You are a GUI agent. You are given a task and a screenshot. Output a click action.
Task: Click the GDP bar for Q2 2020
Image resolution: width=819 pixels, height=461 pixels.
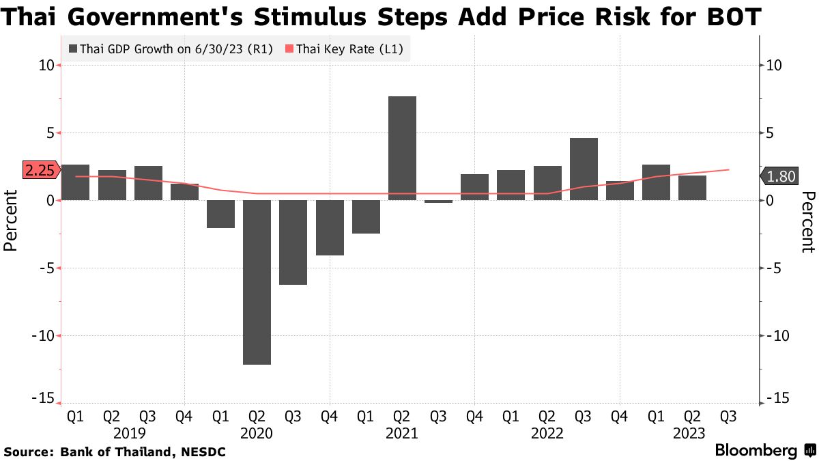click(x=257, y=282)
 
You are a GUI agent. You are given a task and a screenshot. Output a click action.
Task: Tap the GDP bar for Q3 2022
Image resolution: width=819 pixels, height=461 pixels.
click(x=584, y=169)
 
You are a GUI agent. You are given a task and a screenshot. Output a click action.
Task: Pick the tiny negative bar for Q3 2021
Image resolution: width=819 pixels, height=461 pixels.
click(x=438, y=201)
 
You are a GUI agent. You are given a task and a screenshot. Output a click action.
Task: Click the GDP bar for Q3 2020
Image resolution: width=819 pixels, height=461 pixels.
click(x=293, y=242)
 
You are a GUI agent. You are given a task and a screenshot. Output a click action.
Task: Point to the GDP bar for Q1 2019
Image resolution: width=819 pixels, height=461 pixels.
click(x=75, y=182)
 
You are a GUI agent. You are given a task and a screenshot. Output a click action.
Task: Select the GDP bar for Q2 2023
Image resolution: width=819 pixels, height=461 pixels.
click(x=692, y=188)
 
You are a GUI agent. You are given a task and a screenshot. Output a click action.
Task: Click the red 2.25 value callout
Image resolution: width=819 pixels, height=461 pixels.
click(x=40, y=171)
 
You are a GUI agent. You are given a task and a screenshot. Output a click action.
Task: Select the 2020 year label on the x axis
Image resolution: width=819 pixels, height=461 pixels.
click(x=257, y=433)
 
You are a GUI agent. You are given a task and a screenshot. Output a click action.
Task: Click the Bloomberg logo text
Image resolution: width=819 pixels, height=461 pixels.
click(x=756, y=451)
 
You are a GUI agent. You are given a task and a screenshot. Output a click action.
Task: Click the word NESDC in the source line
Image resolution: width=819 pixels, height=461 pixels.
click(x=202, y=452)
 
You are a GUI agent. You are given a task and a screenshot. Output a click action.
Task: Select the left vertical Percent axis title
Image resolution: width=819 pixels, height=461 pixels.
click(x=12, y=221)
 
